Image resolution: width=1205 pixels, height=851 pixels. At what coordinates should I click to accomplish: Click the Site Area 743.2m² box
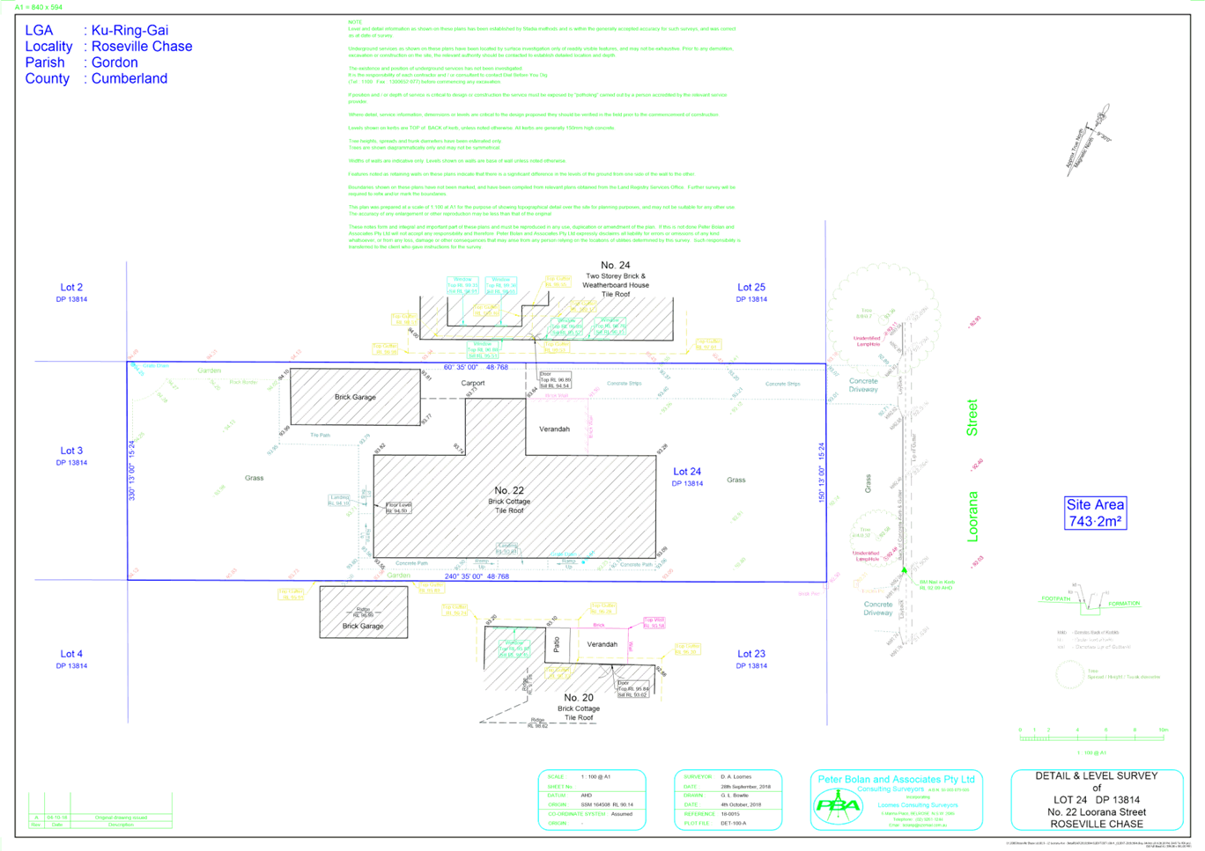click(x=1095, y=513)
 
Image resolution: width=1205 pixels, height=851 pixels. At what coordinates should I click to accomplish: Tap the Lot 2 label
click(x=72, y=288)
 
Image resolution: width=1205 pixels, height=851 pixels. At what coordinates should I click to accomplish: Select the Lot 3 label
click(x=71, y=451)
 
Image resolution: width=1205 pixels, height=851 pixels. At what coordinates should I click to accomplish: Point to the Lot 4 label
click(x=71, y=654)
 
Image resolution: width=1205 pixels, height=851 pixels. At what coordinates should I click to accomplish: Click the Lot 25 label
click(x=751, y=288)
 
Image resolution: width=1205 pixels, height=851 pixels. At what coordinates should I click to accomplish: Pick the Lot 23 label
click(x=751, y=654)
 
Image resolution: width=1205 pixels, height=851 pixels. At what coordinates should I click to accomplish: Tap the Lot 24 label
click(x=688, y=473)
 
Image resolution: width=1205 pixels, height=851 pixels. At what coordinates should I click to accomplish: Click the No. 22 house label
click(x=508, y=490)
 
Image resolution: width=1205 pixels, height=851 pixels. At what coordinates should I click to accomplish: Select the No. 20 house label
click(x=578, y=698)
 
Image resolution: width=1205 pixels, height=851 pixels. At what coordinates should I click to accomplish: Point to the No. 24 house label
click(x=615, y=265)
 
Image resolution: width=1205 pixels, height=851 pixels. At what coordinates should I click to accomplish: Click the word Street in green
click(x=972, y=417)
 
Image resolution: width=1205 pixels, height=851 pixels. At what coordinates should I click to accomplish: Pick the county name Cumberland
click(x=129, y=78)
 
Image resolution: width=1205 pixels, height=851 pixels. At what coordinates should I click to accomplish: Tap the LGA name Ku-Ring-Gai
click(x=129, y=31)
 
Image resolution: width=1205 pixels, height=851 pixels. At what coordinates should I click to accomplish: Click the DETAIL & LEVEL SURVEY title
click(x=1096, y=776)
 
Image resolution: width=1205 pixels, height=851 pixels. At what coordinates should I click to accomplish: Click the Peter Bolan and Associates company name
click(x=896, y=780)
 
